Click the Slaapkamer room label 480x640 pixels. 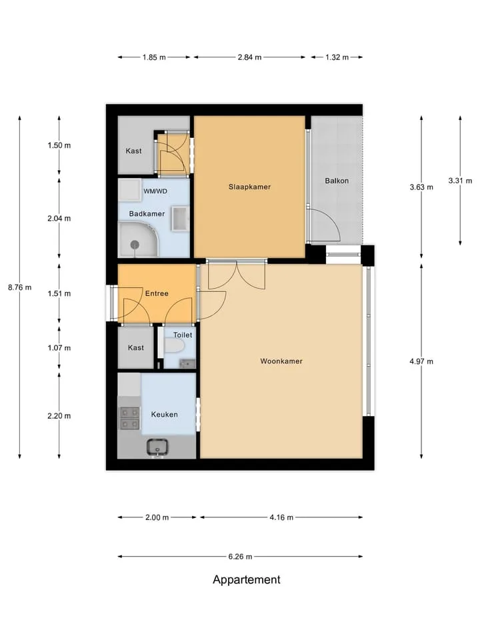pos(249,187)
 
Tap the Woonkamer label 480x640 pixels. pos(281,361)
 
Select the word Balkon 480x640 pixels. pos(337,181)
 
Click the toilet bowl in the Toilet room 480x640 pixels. pos(175,347)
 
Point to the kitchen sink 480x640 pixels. pos(158,447)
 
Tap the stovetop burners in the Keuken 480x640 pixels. pos(129,419)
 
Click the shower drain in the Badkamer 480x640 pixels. pos(135,245)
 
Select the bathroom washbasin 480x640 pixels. pos(180,219)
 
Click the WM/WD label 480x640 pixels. pos(155,191)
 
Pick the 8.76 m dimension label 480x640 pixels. pos(19,287)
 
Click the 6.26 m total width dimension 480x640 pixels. pos(240,556)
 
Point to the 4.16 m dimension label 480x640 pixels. pos(281,517)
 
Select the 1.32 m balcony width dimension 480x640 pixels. pos(337,57)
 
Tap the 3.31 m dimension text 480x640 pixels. pos(460,181)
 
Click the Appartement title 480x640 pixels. pos(247,579)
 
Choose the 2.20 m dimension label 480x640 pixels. pos(59,416)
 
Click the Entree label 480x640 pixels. pos(157,293)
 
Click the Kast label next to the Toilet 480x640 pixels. pos(136,348)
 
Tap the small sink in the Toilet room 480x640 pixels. pos(187,363)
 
